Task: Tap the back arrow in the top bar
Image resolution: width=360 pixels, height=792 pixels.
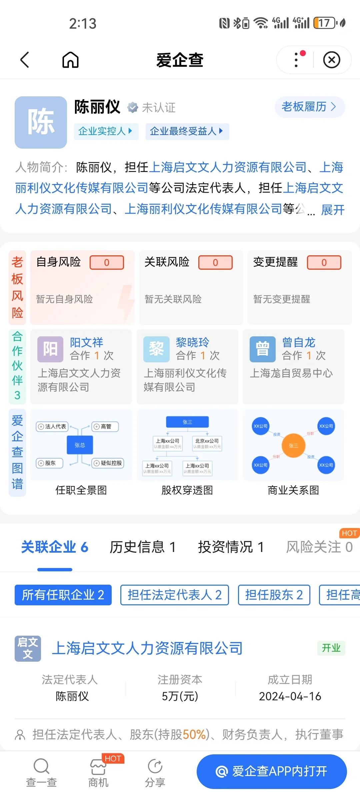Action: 25,60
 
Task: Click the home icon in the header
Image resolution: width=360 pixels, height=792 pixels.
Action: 70,60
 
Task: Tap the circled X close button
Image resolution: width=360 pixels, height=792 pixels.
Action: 332,60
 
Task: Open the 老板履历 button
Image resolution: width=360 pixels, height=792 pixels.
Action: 309,107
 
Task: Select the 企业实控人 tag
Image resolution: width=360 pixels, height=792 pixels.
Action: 106,131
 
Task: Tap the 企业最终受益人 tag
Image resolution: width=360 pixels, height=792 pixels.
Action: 187,131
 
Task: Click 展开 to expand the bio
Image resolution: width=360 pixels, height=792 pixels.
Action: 332,210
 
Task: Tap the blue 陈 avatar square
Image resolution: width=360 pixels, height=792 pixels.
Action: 41,122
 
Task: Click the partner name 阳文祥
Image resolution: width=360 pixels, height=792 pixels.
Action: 87,342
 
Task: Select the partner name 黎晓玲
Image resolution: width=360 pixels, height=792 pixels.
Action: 192,342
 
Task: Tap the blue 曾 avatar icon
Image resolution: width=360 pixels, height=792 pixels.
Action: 263,349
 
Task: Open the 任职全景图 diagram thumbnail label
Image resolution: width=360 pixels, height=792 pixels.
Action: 81,490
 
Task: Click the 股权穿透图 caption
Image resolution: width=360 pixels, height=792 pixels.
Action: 187,490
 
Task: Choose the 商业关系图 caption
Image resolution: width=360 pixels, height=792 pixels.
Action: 293,490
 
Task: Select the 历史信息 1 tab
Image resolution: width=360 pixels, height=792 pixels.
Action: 143,547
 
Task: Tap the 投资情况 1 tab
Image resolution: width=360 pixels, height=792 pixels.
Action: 231,547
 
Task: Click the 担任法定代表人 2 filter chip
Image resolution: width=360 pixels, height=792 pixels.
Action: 174,595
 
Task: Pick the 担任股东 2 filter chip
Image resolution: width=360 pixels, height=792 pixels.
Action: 274,595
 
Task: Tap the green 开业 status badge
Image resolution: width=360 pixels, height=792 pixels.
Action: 331,648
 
